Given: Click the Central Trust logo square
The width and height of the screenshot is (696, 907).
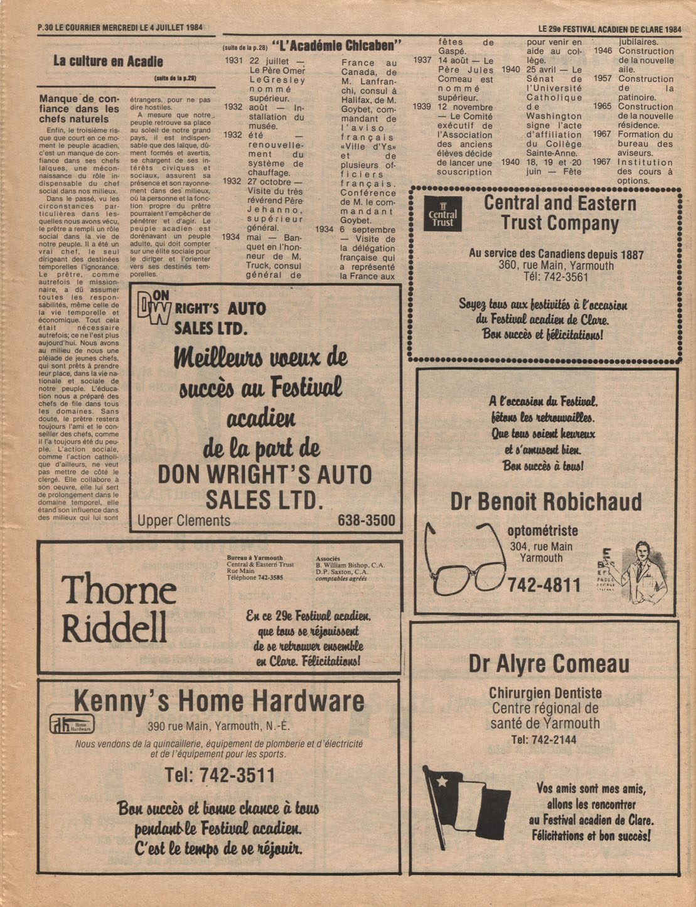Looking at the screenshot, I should (x=442, y=213).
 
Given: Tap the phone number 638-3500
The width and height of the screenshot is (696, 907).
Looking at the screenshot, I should (x=367, y=520).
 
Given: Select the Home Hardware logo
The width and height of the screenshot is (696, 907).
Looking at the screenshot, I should (x=72, y=724).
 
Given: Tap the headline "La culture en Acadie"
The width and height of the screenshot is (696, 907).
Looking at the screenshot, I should (x=108, y=62).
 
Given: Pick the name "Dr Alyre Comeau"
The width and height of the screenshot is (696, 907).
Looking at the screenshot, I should (x=549, y=664).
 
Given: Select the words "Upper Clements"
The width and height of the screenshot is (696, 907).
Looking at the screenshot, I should (x=184, y=521).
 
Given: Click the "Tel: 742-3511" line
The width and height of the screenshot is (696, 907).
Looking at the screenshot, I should (x=220, y=775).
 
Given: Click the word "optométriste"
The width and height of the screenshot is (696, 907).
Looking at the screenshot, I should (x=542, y=532).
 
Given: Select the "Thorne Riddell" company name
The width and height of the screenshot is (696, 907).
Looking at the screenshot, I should (x=118, y=608).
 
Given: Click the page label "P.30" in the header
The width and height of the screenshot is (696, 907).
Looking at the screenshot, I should (x=46, y=28).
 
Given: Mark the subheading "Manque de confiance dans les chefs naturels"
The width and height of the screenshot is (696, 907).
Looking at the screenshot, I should (x=79, y=109).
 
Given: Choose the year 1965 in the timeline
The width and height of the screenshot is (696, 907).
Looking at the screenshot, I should (x=602, y=107).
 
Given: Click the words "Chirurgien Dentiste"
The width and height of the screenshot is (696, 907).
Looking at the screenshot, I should (x=545, y=694).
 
